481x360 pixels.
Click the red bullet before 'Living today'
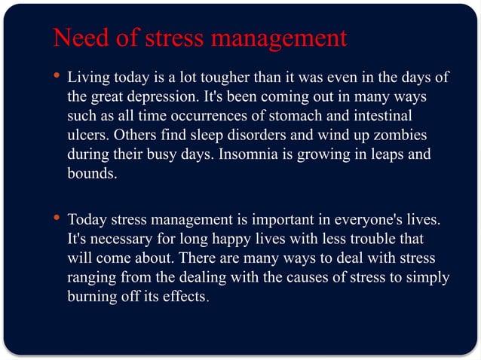pyautogui.click(x=58, y=77)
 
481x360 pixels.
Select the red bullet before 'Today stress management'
pyautogui.click(x=58, y=219)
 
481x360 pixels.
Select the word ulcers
pyautogui.click(x=87, y=136)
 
